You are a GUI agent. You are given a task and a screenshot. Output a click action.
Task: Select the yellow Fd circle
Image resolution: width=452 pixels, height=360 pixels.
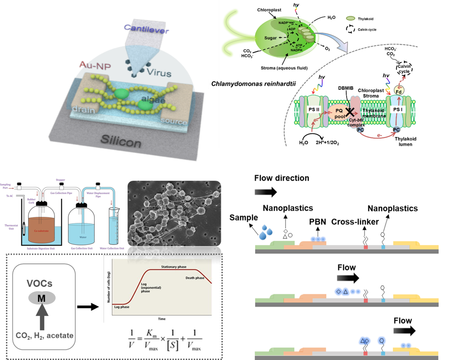tap(397, 92)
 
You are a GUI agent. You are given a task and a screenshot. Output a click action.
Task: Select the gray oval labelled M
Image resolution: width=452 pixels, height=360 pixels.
tap(41, 299)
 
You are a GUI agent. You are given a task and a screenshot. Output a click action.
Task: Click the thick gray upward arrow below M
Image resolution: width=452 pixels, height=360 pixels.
tap(41, 318)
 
